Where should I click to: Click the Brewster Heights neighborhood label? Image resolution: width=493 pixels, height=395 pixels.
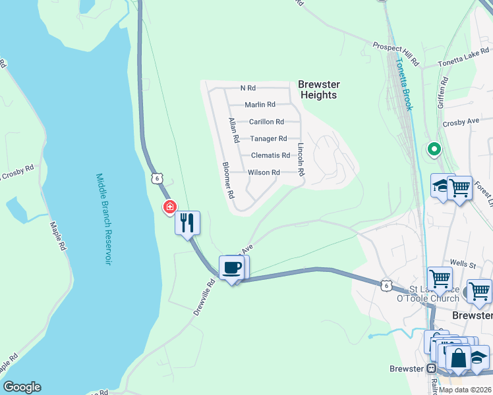click(x=318, y=90)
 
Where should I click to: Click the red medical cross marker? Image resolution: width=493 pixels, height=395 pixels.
click(x=170, y=208)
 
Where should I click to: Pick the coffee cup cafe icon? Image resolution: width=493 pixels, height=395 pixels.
click(x=231, y=268)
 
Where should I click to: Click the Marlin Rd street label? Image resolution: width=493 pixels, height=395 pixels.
click(x=260, y=105)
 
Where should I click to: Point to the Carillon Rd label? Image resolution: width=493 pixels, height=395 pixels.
click(x=266, y=122)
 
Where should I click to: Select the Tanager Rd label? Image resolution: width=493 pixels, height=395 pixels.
click(x=268, y=139)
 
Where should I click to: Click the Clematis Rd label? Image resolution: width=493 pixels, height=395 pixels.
click(x=270, y=155)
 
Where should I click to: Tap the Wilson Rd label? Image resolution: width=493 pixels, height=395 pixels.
click(x=264, y=172)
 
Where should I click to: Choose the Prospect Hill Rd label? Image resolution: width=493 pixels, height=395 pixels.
click(x=395, y=54)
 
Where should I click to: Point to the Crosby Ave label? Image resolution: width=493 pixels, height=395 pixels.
click(x=461, y=122)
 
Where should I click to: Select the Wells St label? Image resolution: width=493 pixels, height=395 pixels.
click(x=463, y=263)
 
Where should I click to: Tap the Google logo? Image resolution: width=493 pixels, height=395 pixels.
click(x=22, y=387)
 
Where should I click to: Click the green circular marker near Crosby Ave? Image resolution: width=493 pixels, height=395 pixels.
click(x=434, y=149)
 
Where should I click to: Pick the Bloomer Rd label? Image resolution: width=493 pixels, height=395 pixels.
click(x=228, y=180)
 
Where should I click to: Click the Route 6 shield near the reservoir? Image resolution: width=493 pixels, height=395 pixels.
click(x=156, y=178)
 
